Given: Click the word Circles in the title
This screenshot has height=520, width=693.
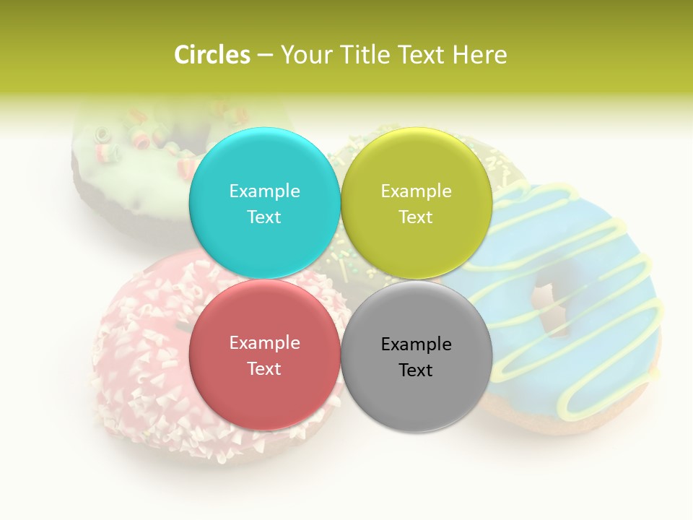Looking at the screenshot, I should click(212, 55).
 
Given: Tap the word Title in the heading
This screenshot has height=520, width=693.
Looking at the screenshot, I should click(361, 55).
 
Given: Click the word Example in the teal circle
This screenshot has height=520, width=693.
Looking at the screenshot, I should click(264, 191).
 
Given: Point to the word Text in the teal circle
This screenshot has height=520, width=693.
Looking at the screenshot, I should click(264, 217).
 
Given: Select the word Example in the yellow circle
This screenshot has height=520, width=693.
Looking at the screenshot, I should click(417, 191).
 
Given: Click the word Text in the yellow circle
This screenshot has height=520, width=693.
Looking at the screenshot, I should click(417, 217).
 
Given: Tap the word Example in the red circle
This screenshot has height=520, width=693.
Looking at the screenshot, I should click(264, 342).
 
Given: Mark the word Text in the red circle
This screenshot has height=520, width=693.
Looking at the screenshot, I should click(264, 368).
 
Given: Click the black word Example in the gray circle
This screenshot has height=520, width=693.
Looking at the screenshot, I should click(417, 344).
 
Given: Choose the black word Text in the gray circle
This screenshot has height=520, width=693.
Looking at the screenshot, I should click(417, 370).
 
